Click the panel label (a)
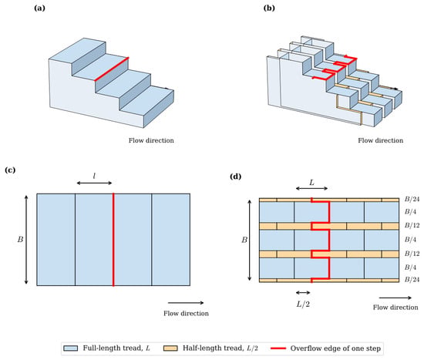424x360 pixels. (x=39, y=8)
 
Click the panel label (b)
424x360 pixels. (x=269, y=8)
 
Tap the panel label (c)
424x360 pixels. (x=10, y=170)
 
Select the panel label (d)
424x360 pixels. (x=235, y=177)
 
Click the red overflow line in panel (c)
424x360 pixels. (x=113, y=240)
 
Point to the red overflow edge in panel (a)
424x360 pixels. (x=112, y=69)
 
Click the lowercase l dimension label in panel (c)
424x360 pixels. (x=94, y=176)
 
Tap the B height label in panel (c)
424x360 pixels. (x=20, y=240)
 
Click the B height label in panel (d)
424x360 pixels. (x=244, y=240)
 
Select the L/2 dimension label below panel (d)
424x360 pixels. (x=303, y=304)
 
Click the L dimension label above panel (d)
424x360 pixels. (x=311, y=183)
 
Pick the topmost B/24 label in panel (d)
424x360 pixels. (x=412, y=200)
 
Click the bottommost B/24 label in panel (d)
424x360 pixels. (x=412, y=279)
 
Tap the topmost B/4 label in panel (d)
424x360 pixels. (x=410, y=211)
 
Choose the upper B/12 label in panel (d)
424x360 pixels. (x=412, y=225)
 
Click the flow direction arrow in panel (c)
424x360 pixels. (x=186, y=303)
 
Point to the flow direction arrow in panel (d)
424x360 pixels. (x=395, y=298)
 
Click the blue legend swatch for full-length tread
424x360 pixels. (x=71, y=348)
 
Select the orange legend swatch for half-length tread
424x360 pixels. (x=170, y=348)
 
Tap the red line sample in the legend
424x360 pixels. (x=278, y=348)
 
